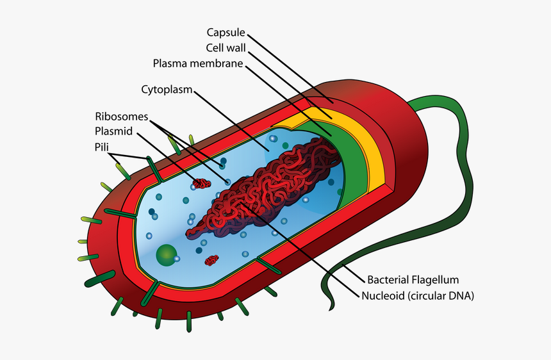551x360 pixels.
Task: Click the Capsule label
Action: pos(226,32)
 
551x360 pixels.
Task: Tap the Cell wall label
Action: pos(226,48)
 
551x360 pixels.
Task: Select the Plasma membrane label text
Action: pos(197,63)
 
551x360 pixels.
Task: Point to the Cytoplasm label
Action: pos(167,89)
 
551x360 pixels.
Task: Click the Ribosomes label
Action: pos(122,117)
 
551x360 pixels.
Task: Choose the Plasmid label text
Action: pos(113,131)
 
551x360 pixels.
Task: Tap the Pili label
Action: pos(101,147)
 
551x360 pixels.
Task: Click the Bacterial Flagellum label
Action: pos(413,280)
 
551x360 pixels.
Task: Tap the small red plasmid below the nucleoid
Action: pos(211,260)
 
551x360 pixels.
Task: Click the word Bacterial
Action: pos(389,280)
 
